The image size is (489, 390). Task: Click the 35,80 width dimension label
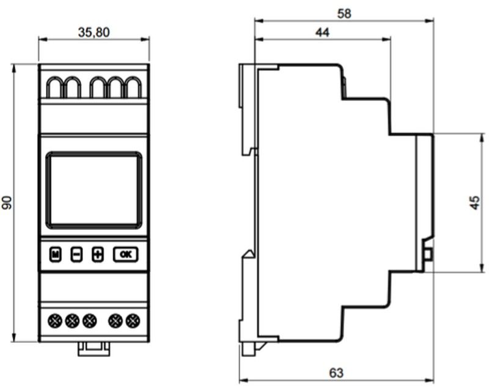94,32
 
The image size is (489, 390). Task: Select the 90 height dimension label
7,203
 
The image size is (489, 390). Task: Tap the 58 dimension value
344,13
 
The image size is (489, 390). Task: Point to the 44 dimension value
323,32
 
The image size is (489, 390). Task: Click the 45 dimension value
475,203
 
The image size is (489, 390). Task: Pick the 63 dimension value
336,373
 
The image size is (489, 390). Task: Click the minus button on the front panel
76,254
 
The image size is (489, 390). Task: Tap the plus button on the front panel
98,254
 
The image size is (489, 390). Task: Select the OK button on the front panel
126,254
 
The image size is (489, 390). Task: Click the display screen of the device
94,190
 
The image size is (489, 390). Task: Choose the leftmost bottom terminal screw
55,321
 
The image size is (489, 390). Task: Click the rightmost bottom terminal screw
133,321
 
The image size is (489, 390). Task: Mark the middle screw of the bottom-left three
72,321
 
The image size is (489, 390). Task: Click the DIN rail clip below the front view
94,349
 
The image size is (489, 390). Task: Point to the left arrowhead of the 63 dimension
243,381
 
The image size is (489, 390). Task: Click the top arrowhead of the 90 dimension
13,68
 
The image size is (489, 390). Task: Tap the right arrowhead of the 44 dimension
386,39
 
